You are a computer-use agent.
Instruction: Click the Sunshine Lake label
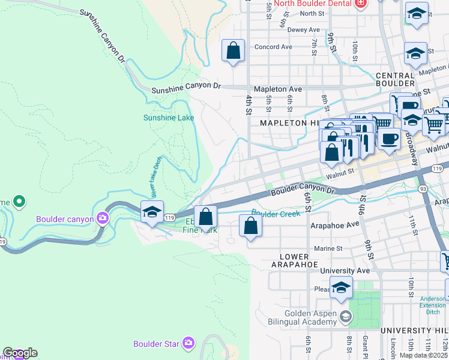169,118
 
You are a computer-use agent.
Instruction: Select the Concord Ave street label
273,47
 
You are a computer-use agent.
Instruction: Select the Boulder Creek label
276,213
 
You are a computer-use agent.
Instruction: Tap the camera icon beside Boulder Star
188,343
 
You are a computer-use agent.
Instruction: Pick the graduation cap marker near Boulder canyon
152,212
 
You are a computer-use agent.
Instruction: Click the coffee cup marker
389,139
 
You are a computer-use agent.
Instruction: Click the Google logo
20,353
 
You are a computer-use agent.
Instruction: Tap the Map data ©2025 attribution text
423,355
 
